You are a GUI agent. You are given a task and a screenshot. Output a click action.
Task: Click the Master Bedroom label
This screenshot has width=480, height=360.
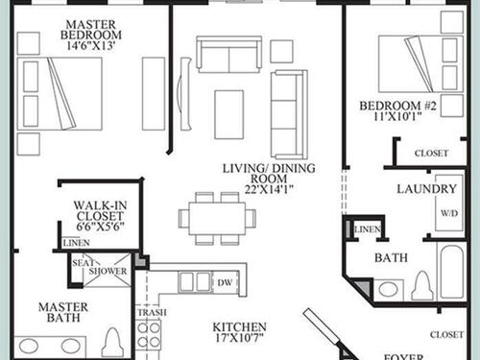[x=91, y=30]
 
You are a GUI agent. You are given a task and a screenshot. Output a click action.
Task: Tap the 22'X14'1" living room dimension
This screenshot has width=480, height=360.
[x=269, y=190]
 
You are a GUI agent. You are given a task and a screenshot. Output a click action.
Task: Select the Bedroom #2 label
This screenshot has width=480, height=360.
[x=397, y=106]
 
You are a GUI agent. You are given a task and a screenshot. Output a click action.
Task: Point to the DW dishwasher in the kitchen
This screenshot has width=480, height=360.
[x=225, y=283]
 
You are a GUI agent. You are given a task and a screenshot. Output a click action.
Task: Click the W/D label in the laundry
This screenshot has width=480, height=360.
[x=449, y=213]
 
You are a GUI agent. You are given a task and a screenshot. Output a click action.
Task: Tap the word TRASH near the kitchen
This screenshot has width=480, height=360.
[x=152, y=312]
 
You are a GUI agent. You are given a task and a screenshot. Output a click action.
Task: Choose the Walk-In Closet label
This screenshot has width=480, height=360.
[x=100, y=210]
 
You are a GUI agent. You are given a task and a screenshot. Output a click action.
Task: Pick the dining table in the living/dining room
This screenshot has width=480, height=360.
[x=217, y=219]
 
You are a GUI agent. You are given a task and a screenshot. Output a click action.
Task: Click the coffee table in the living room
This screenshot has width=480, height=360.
[x=229, y=114]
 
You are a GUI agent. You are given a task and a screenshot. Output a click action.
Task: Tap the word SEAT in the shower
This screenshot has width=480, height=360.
[x=83, y=263]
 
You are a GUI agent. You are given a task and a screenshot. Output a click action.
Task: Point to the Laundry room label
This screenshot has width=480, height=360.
[x=426, y=189]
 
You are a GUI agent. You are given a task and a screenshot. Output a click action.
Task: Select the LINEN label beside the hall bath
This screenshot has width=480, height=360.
[x=368, y=229]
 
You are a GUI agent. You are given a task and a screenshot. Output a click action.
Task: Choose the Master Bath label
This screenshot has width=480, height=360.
[x=63, y=312]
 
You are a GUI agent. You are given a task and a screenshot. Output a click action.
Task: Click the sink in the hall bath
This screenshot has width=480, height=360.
[x=389, y=290]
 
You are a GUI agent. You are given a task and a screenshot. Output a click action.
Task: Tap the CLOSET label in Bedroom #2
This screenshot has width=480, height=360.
[x=431, y=154]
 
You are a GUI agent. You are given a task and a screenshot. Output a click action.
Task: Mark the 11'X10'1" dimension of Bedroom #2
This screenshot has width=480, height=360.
[x=397, y=116]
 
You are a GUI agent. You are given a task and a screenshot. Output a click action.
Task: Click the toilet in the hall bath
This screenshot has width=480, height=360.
[x=422, y=285]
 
